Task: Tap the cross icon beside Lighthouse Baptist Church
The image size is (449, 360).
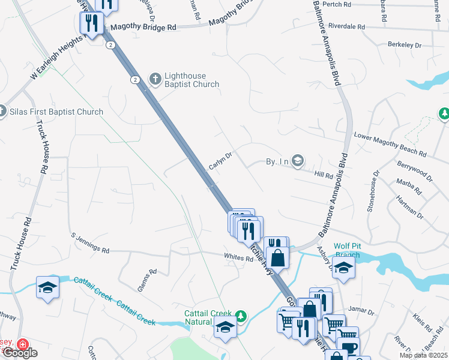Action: [x=155, y=79]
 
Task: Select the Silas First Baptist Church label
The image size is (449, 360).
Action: [x=56, y=112]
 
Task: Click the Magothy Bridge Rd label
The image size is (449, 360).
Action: [x=143, y=28]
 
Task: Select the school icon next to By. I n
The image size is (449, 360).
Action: [x=298, y=161]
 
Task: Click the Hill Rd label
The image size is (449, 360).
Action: [x=324, y=175]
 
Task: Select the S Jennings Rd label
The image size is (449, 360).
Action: [x=90, y=242]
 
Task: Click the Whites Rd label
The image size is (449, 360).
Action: [x=238, y=258]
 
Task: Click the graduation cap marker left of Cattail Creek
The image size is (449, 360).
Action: [x=47, y=287]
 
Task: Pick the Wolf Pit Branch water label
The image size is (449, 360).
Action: [x=346, y=250]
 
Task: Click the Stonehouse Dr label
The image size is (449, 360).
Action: [x=373, y=191]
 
